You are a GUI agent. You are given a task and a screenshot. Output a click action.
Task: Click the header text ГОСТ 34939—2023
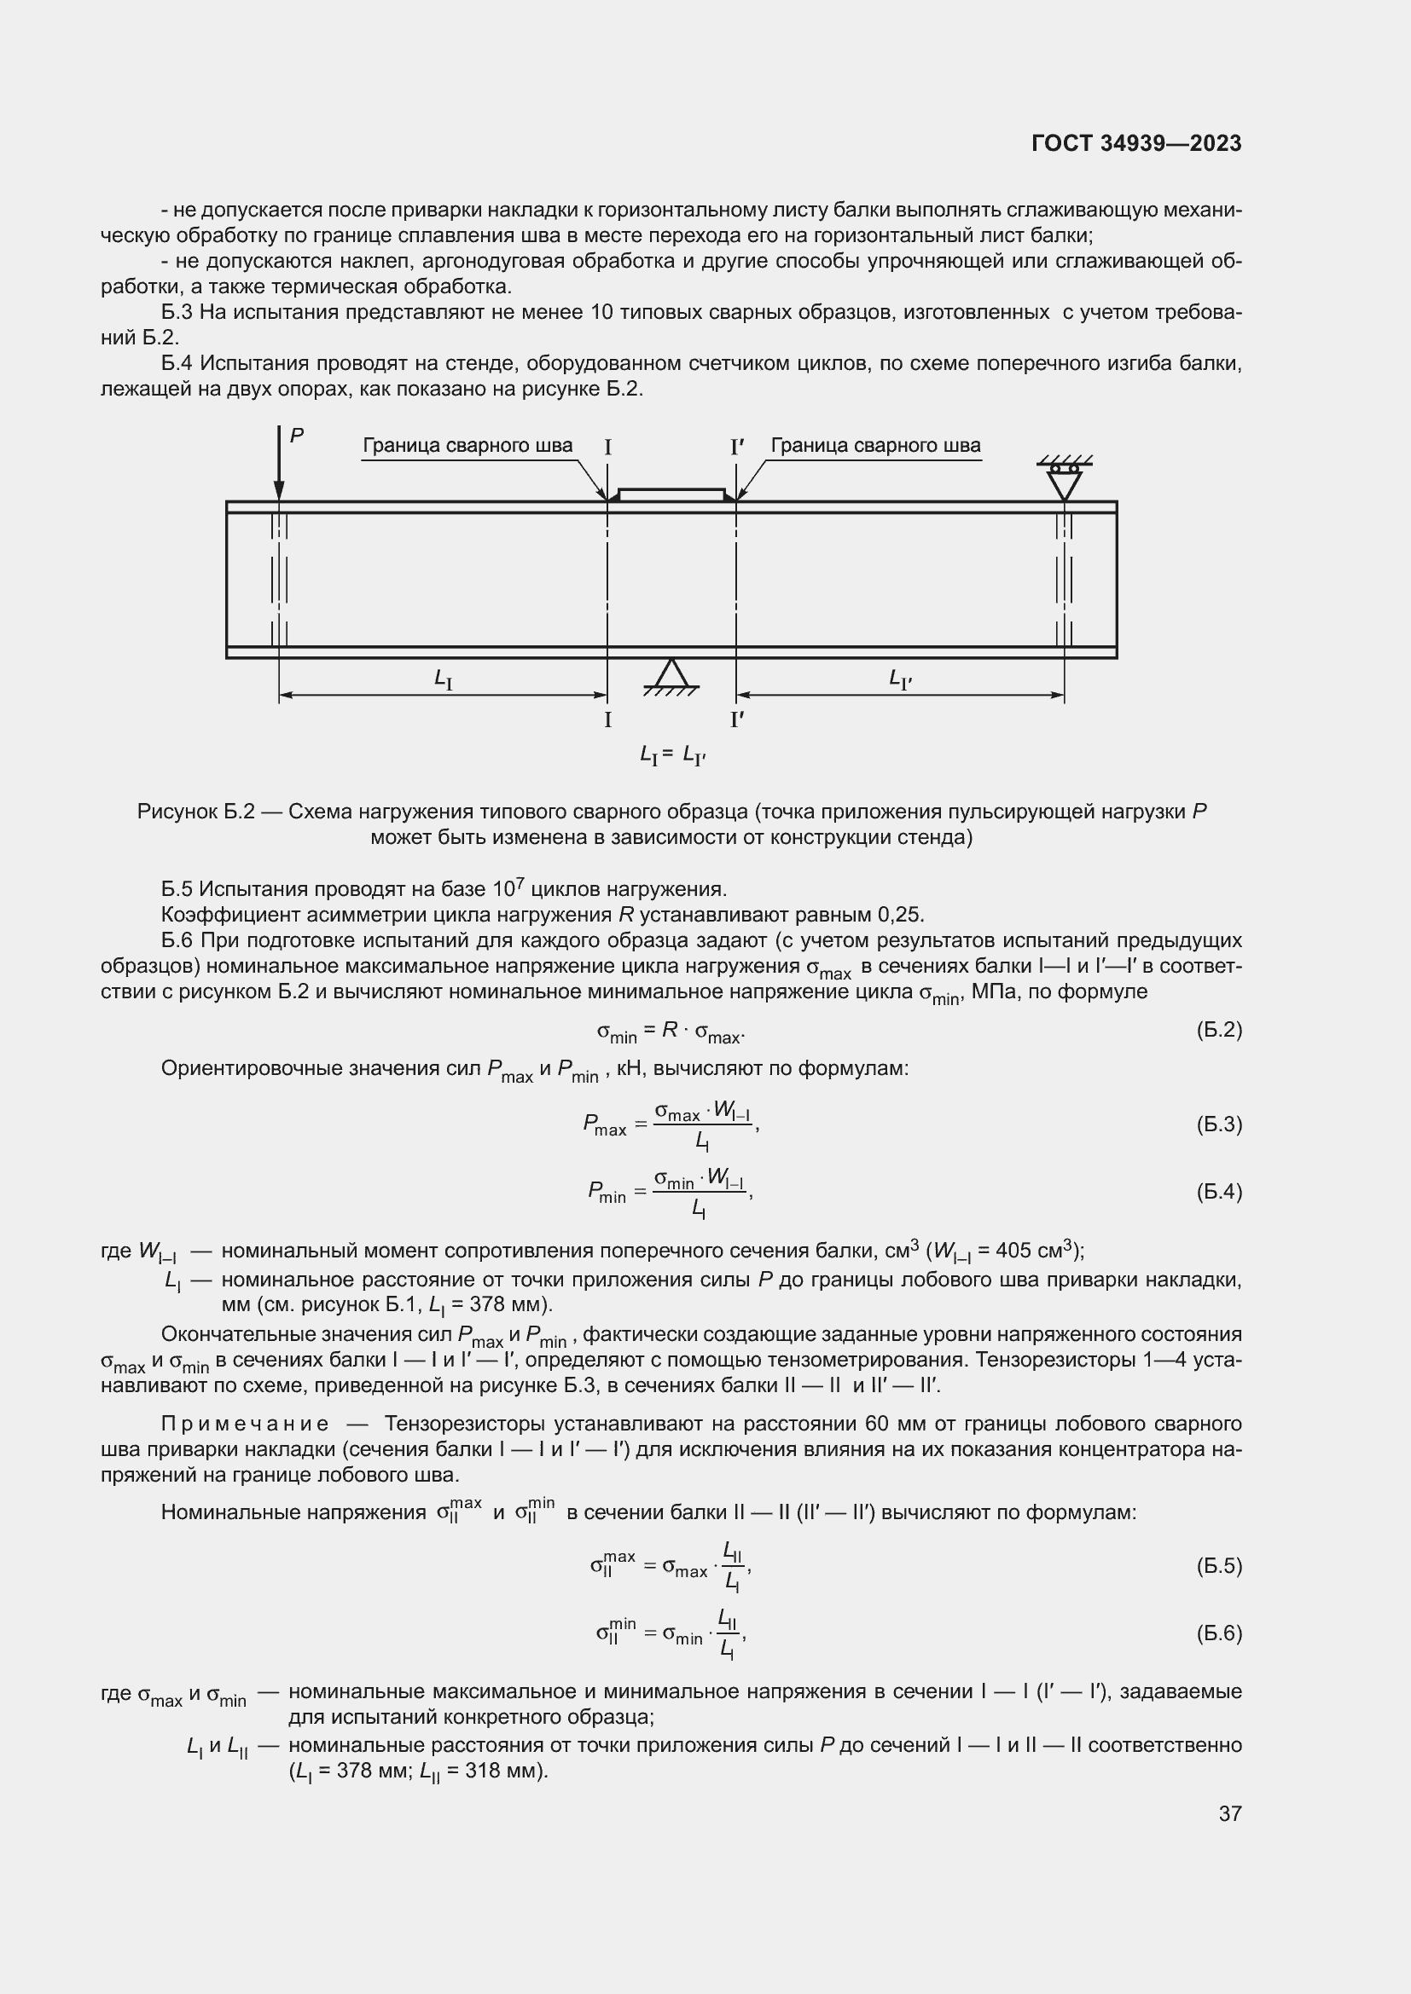1135,143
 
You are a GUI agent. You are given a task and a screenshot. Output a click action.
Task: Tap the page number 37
1229,1813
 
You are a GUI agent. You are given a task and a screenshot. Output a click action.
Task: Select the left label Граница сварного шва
467,446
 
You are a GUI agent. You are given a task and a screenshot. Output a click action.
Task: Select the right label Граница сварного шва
875,446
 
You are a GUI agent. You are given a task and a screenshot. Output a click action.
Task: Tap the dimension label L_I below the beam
443,679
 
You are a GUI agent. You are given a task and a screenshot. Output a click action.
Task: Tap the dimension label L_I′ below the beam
900,679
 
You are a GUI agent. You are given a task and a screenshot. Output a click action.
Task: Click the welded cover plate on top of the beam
670,495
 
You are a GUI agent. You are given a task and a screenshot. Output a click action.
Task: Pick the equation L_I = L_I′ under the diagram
671,756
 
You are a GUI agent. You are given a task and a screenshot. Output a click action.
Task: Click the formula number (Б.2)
1219,1030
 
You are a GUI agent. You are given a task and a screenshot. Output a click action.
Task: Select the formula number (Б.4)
1219,1192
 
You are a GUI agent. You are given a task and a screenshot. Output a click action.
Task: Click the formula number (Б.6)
1219,1633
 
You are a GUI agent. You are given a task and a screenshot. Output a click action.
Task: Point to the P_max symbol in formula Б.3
604,1125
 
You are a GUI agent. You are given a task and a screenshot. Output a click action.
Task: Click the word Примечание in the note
245,1424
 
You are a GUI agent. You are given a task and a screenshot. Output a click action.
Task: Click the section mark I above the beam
607,448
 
